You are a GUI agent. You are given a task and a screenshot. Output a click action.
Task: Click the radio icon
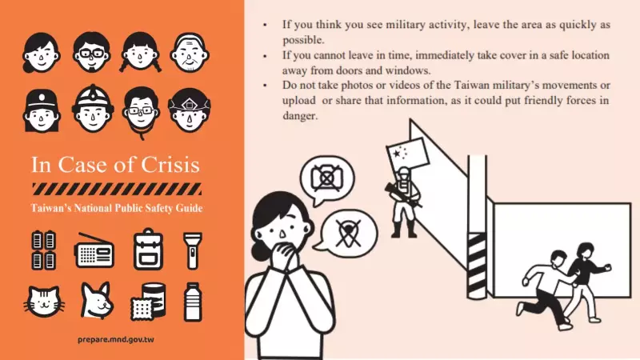(x=95, y=250)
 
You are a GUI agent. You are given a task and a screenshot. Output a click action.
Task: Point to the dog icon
(x=95, y=301)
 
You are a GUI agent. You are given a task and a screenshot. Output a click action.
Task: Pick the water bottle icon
(x=193, y=301)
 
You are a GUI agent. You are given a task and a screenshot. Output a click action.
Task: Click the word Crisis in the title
(x=169, y=166)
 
